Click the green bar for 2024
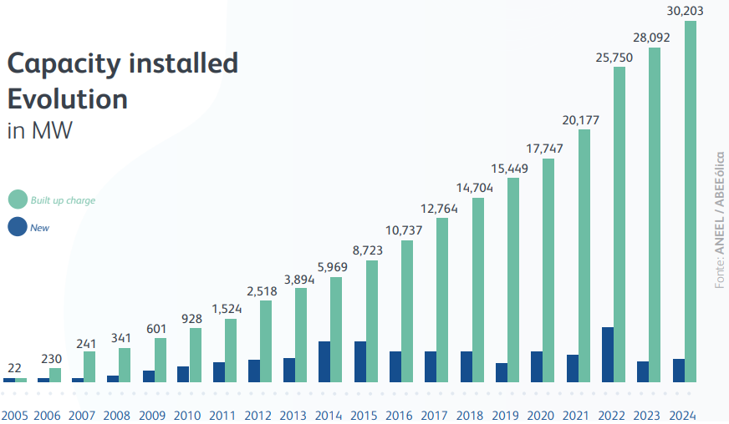[x=691, y=200]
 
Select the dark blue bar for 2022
[x=608, y=355]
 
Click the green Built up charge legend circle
[x=18, y=200]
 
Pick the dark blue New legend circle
[x=18, y=226]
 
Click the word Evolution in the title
[x=67, y=99]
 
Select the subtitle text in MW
[x=39, y=132]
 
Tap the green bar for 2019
[x=513, y=280]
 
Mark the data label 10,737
[x=405, y=230]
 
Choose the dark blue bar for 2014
[x=324, y=361]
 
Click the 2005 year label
[x=15, y=415]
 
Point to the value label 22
[x=15, y=368]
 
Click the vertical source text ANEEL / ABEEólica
[x=720, y=221]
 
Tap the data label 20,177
[x=580, y=119]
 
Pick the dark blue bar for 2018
[x=466, y=366]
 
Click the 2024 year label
[x=683, y=415]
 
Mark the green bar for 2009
[x=161, y=360]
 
